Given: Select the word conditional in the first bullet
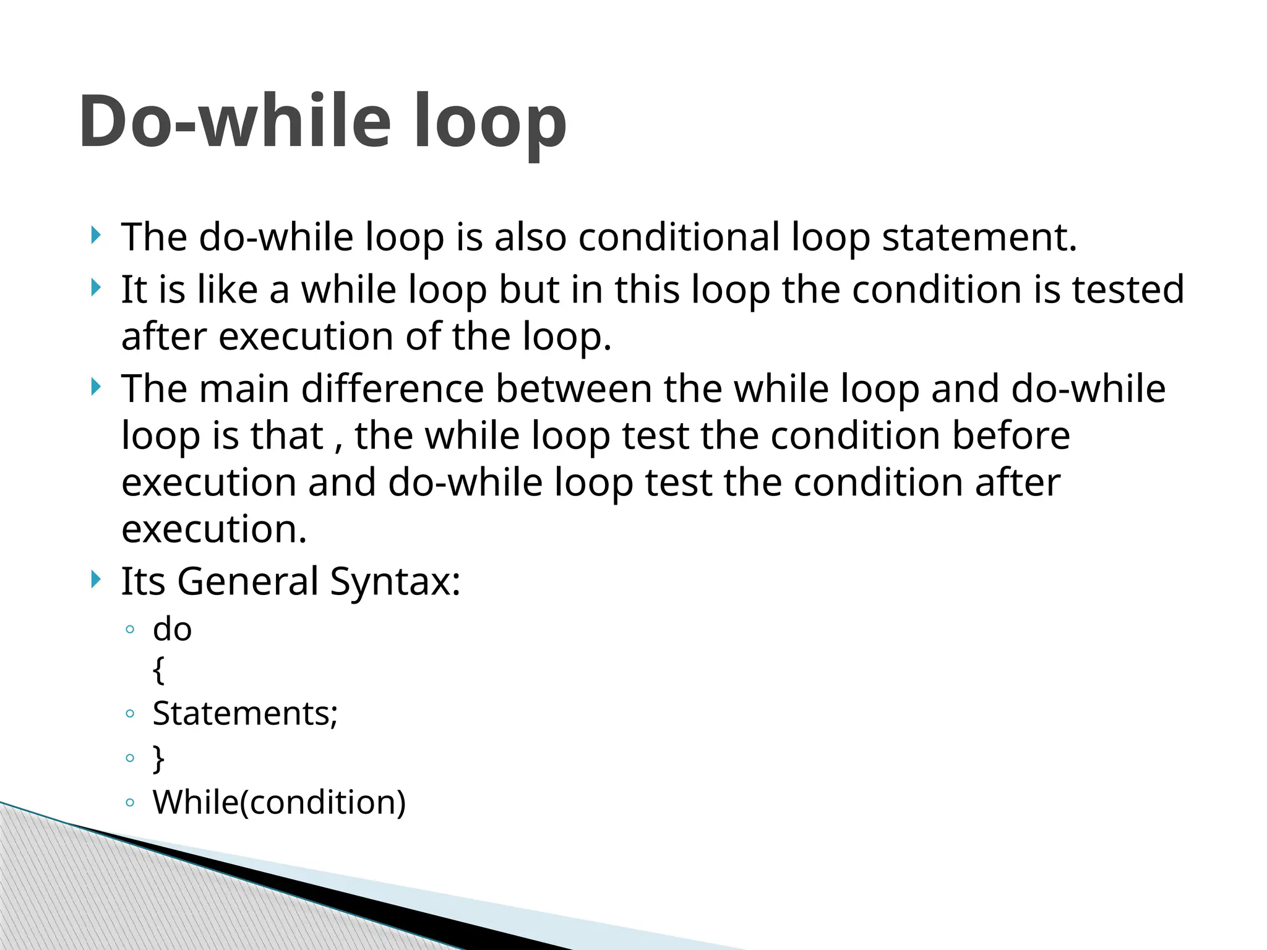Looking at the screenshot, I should pos(679,237).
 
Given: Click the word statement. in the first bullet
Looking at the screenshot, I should pos(979,237).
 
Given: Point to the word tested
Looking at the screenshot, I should pos(1128,289).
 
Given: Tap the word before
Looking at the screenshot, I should pos(1011,435).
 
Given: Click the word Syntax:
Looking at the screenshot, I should pos(395,583).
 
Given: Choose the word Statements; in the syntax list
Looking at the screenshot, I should pos(246,714).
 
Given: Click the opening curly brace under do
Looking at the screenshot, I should pos(159,670).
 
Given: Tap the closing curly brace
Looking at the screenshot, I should pos(159,758).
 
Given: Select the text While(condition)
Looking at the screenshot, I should pos(280,802).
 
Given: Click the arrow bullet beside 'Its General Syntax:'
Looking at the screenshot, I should pos(95,580).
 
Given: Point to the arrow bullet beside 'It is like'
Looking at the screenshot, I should pos(95,288).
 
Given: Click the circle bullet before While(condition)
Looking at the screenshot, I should pos(130,803).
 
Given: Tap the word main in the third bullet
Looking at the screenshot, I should pos(244,389).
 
